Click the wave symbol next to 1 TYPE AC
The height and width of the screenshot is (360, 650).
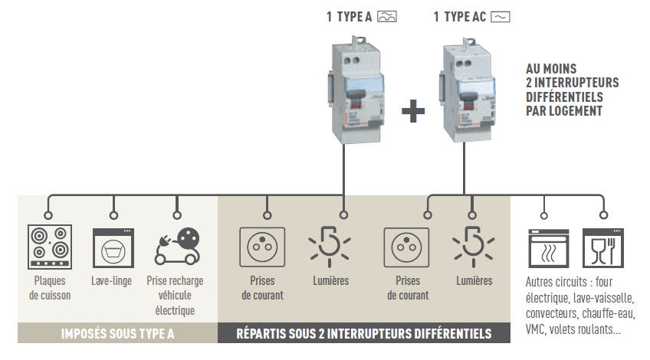click(x=501, y=15)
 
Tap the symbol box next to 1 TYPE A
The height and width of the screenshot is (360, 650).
click(x=387, y=15)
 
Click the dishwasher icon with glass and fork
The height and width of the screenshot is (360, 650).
click(x=602, y=246)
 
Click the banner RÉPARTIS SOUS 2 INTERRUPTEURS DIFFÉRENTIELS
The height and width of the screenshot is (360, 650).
click(x=363, y=334)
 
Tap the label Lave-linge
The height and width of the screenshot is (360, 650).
click(x=113, y=281)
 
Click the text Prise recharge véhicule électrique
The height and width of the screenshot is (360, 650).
click(x=176, y=296)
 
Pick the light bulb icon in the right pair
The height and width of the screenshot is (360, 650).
click(x=473, y=246)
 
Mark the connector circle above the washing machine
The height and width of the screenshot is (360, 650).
click(x=113, y=205)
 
